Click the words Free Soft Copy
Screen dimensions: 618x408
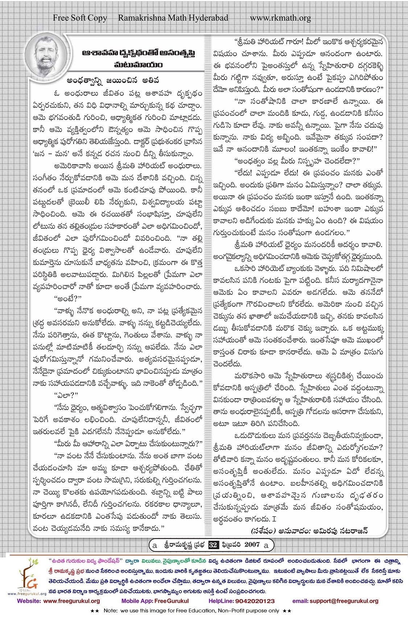80,18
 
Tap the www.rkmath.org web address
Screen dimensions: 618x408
280,18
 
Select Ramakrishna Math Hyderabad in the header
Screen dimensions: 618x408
173,18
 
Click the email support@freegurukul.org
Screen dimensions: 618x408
335,601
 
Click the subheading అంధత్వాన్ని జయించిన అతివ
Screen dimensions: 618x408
113,80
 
